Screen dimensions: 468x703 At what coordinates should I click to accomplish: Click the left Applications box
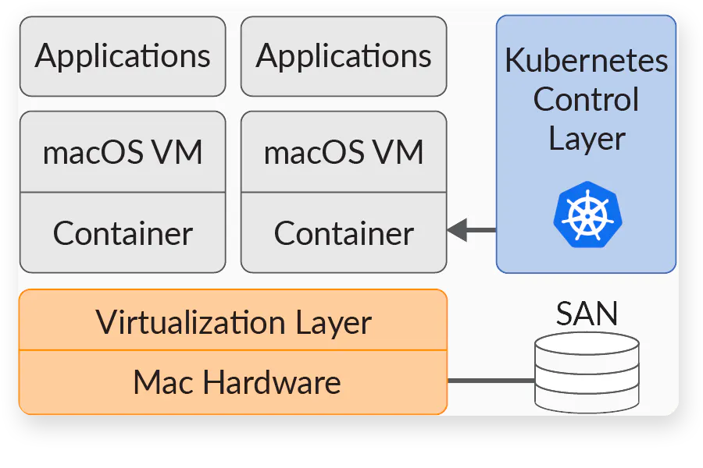click(123, 56)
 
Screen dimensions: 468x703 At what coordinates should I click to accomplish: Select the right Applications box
click(344, 56)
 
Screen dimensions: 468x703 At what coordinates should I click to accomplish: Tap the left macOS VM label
click(123, 152)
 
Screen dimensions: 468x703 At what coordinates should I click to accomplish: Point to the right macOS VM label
click(344, 152)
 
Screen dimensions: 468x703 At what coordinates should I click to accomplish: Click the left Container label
click(123, 233)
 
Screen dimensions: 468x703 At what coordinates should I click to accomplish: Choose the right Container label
click(344, 233)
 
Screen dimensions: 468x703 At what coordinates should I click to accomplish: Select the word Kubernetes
click(586, 61)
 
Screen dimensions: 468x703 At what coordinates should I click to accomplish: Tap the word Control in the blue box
click(586, 99)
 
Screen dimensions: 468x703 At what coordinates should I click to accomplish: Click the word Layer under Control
click(586, 138)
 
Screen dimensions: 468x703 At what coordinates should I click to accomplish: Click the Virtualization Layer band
click(233, 321)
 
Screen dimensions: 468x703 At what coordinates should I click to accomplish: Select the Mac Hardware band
click(233, 382)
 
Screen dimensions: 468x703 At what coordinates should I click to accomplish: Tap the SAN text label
click(587, 314)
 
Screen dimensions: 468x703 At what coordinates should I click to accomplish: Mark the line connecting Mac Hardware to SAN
click(491, 381)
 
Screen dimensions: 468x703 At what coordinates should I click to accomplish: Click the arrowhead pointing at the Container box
click(457, 230)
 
